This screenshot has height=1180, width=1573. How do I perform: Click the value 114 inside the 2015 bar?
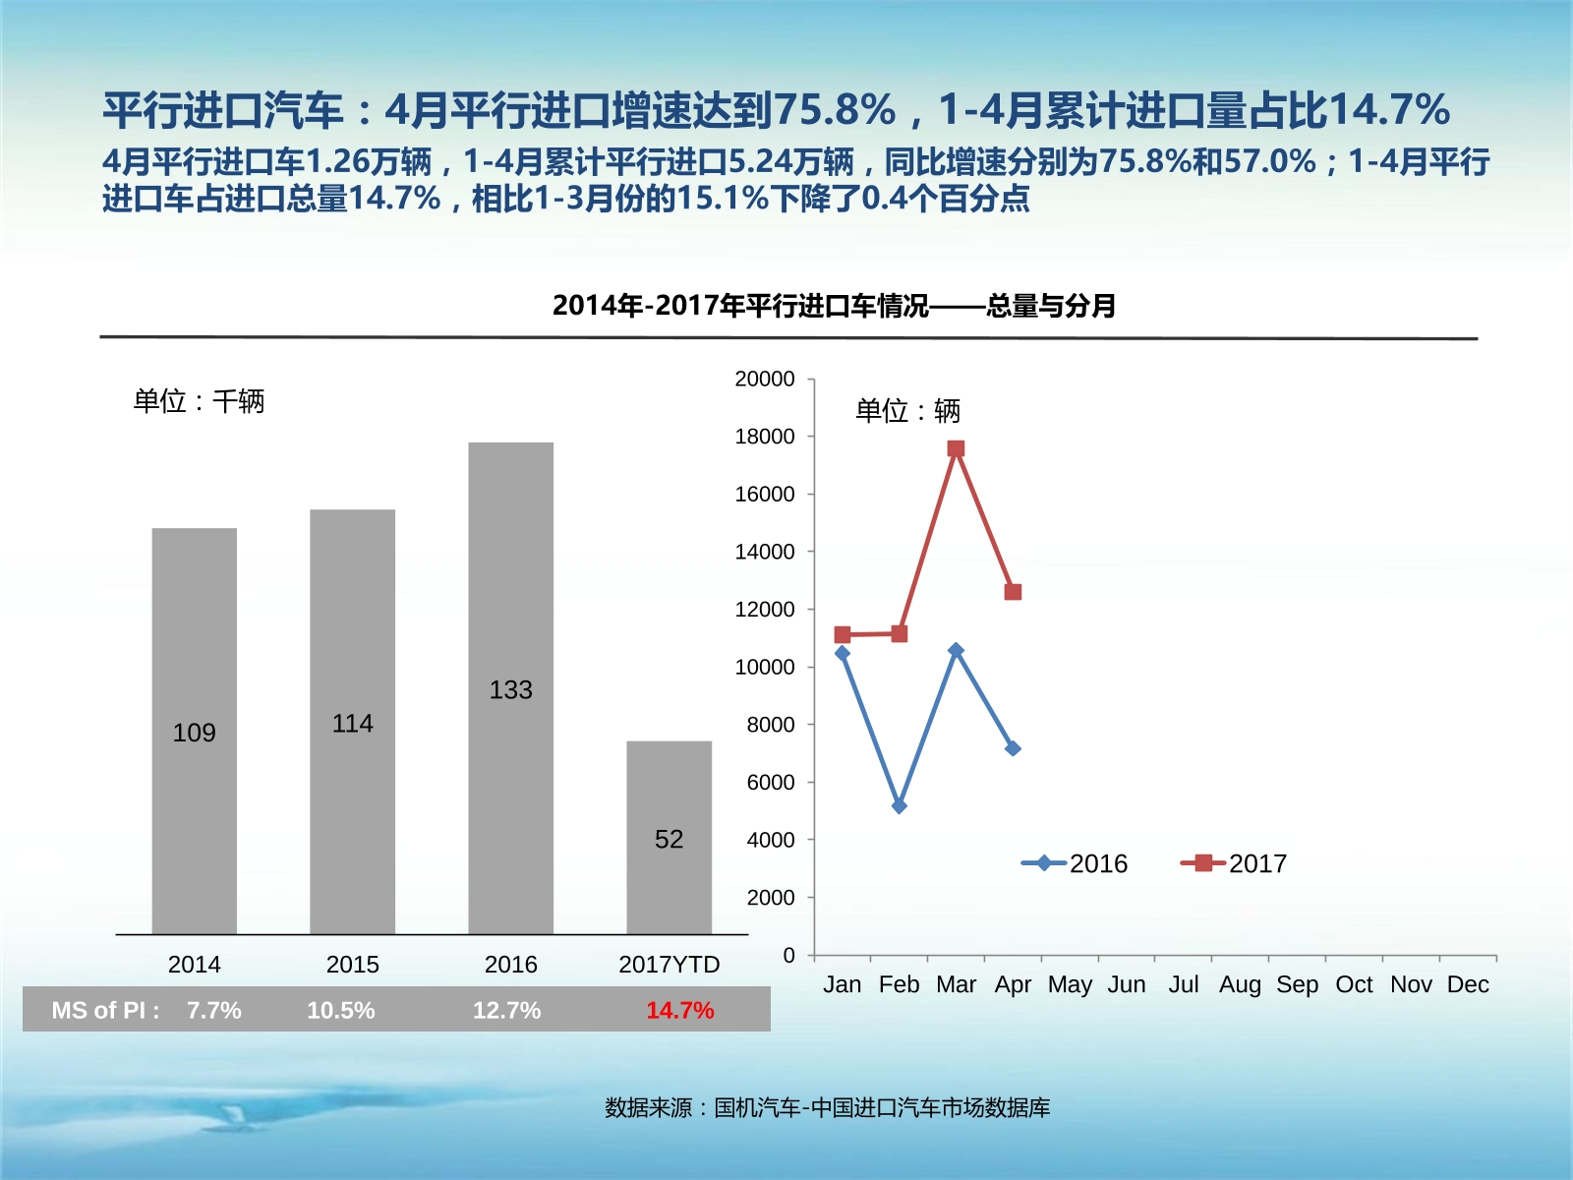click(x=352, y=724)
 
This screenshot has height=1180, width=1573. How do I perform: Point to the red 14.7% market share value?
click(x=679, y=1010)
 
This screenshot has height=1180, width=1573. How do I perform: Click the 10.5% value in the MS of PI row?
click(x=340, y=1010)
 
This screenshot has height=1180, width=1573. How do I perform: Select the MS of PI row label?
click(x=105, y=1010)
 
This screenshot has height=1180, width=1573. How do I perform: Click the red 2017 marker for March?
click(x=956, y=448)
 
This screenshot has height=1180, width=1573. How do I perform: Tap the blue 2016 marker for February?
click(x=899, y=805)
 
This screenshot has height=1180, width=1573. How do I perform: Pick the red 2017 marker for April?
click(x=1013, y=592)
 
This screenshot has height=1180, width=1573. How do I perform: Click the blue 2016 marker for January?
click(x=842, y=653)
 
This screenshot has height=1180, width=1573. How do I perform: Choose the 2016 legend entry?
click(x=1076, y=863)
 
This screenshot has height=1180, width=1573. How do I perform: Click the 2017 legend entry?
click(x=1235, y=863)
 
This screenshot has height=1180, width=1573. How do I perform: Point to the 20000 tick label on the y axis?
click(x=764, y=379)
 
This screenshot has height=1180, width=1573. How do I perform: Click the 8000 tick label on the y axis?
click(x=770, y=725)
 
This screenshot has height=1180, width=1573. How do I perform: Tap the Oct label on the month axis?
click(x=1354, y=984)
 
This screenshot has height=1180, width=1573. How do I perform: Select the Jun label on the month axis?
click(x=1127, y=984)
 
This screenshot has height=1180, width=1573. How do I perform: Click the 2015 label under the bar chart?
click(x=352, y=965)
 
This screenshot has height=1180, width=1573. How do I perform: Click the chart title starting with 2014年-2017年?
click(x=834, y=306)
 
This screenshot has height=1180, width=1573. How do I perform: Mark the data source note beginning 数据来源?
click(x=827, y=1108)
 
